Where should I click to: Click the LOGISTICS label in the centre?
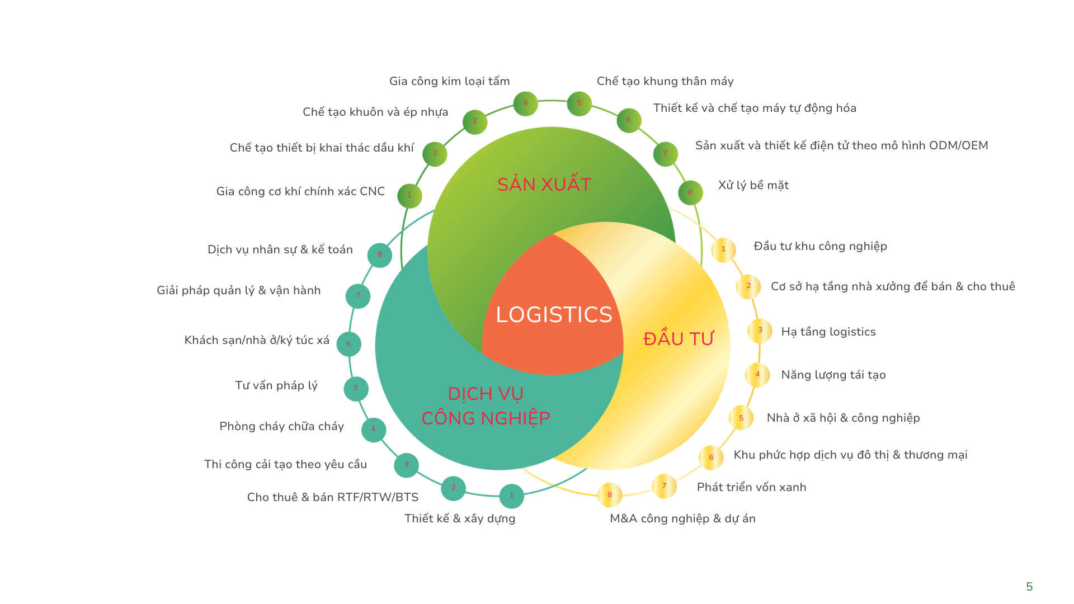(554, 315)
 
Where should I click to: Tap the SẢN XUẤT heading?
(544, 185)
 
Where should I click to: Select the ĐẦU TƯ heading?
(679, 339)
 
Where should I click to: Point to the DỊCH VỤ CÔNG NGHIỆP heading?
(486, 406)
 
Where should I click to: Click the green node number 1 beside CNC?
(409, 196)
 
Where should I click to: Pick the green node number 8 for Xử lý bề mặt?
(690, 193)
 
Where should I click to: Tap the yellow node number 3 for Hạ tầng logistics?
(760, 331)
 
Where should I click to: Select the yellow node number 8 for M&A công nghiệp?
(610, 495)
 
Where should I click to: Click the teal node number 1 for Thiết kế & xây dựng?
(511, 496)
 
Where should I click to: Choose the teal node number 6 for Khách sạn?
(348, 345)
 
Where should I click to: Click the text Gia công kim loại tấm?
(449, 82)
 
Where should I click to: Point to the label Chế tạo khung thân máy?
(665, 82)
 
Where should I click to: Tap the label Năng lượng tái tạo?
(833, 375)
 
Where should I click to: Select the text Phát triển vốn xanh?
(751, 488)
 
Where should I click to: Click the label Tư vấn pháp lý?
(276, 386)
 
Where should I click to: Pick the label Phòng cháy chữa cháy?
(281, 427)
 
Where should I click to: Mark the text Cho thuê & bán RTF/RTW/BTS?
(333, 498)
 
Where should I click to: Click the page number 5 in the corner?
(1029, 587)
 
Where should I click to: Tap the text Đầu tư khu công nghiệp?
(820, 247)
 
